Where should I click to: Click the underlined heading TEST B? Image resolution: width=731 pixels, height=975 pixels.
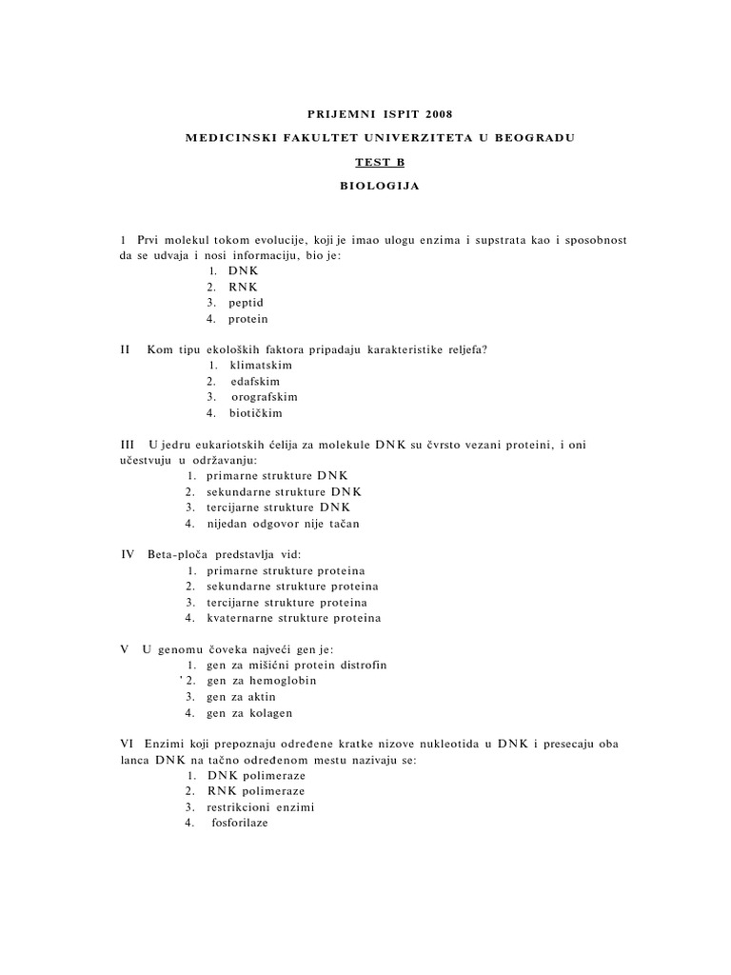click(x=379, y=162)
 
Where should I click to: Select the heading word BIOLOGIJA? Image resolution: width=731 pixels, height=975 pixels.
click(x=379, y=186)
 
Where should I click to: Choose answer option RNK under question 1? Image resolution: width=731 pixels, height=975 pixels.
click(x=243, y=287)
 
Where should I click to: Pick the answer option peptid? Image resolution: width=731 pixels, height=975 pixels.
click(x=246, y=303)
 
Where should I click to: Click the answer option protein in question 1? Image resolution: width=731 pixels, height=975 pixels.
click(x=247, y=319)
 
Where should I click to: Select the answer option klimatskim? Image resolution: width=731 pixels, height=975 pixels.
click(x=261, y=365)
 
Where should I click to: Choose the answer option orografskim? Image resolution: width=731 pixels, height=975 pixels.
click(x=264, y=397)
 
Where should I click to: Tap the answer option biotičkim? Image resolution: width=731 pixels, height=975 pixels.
click(x=255, y=413)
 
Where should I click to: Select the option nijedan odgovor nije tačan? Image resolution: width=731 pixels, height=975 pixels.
click(x=283, y=524)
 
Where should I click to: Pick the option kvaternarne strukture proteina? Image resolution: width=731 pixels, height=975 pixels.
click(x=293, y=618)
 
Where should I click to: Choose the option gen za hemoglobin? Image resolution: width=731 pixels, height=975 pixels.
click(x=261, y=681)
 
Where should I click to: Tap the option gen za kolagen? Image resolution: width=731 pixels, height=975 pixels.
click(x=248, y=713)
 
